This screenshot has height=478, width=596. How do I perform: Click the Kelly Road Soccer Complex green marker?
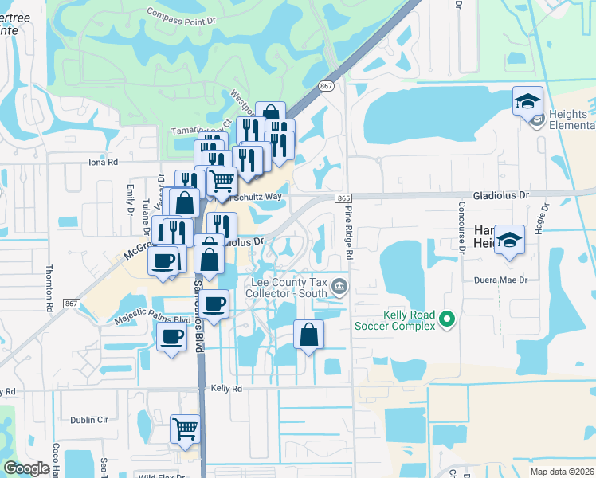tap(447, 319)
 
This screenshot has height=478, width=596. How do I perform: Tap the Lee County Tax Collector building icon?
tap(339, 285)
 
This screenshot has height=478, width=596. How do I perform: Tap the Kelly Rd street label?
tap(225, 388)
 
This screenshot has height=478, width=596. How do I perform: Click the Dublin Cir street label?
tap(88, 420)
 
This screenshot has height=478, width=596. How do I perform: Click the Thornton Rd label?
tap(49, 288)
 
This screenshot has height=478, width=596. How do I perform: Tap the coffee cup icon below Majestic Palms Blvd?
tap(171, 336)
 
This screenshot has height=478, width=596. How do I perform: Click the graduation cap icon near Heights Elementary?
tap(527, 101)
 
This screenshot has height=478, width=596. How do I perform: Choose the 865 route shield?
tap(343, 198)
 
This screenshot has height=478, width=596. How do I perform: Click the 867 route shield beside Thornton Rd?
tap(72, 304)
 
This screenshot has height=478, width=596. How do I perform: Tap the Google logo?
tap(27, 468)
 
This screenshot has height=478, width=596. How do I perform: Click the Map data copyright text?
tap(562, 472)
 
